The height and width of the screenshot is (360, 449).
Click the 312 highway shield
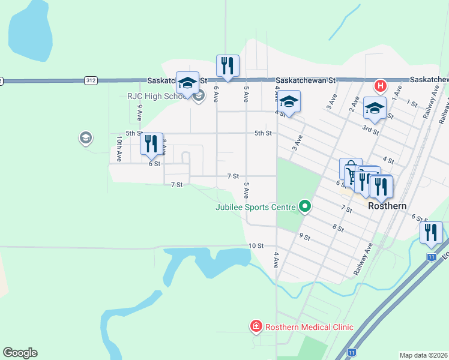(x=91, y=80)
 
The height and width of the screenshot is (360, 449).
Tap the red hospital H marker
(x=380, y=86)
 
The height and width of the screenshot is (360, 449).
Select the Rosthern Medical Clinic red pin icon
(x=256, y=326)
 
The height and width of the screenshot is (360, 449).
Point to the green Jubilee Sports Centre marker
(x=305, y=207)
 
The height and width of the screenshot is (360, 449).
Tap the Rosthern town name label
(x=387, y=206)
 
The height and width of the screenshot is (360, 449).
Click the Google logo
(x=20, y=353)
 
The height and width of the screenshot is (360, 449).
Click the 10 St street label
(x=256, y=246)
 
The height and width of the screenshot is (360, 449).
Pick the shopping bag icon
(x=350, y=168)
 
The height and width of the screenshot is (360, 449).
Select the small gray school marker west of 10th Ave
(x=85, y=139)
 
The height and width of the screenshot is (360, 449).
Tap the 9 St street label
(x=304, y=237)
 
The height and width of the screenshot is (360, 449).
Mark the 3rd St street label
(x=370, y=130)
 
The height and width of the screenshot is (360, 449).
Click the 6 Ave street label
(x=215, y=94)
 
